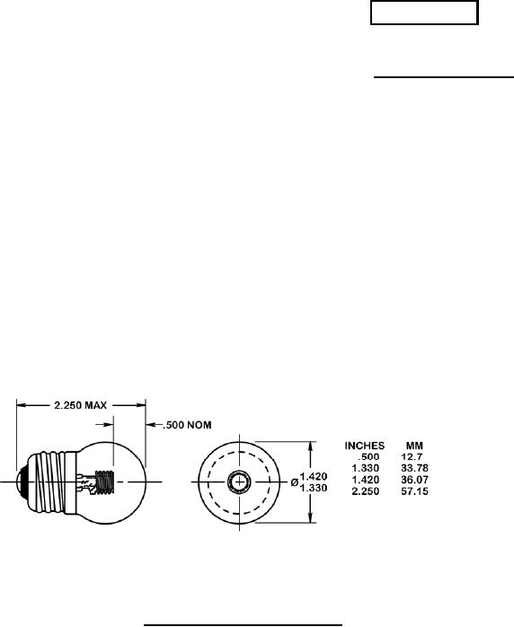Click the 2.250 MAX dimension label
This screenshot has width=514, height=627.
point(80,405)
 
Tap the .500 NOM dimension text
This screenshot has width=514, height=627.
point(187,425)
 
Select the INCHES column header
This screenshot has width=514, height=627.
point(365,446)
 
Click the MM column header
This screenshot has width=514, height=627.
point(414,446)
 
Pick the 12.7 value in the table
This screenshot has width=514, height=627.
point(412,456)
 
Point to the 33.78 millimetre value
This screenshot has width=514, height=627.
point(414,468)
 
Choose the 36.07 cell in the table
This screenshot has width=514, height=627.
point(414,480)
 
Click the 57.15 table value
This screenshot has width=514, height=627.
point(414,491)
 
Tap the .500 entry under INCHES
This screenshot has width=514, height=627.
point(368,456)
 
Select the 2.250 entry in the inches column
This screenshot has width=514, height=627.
point(365,491)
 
